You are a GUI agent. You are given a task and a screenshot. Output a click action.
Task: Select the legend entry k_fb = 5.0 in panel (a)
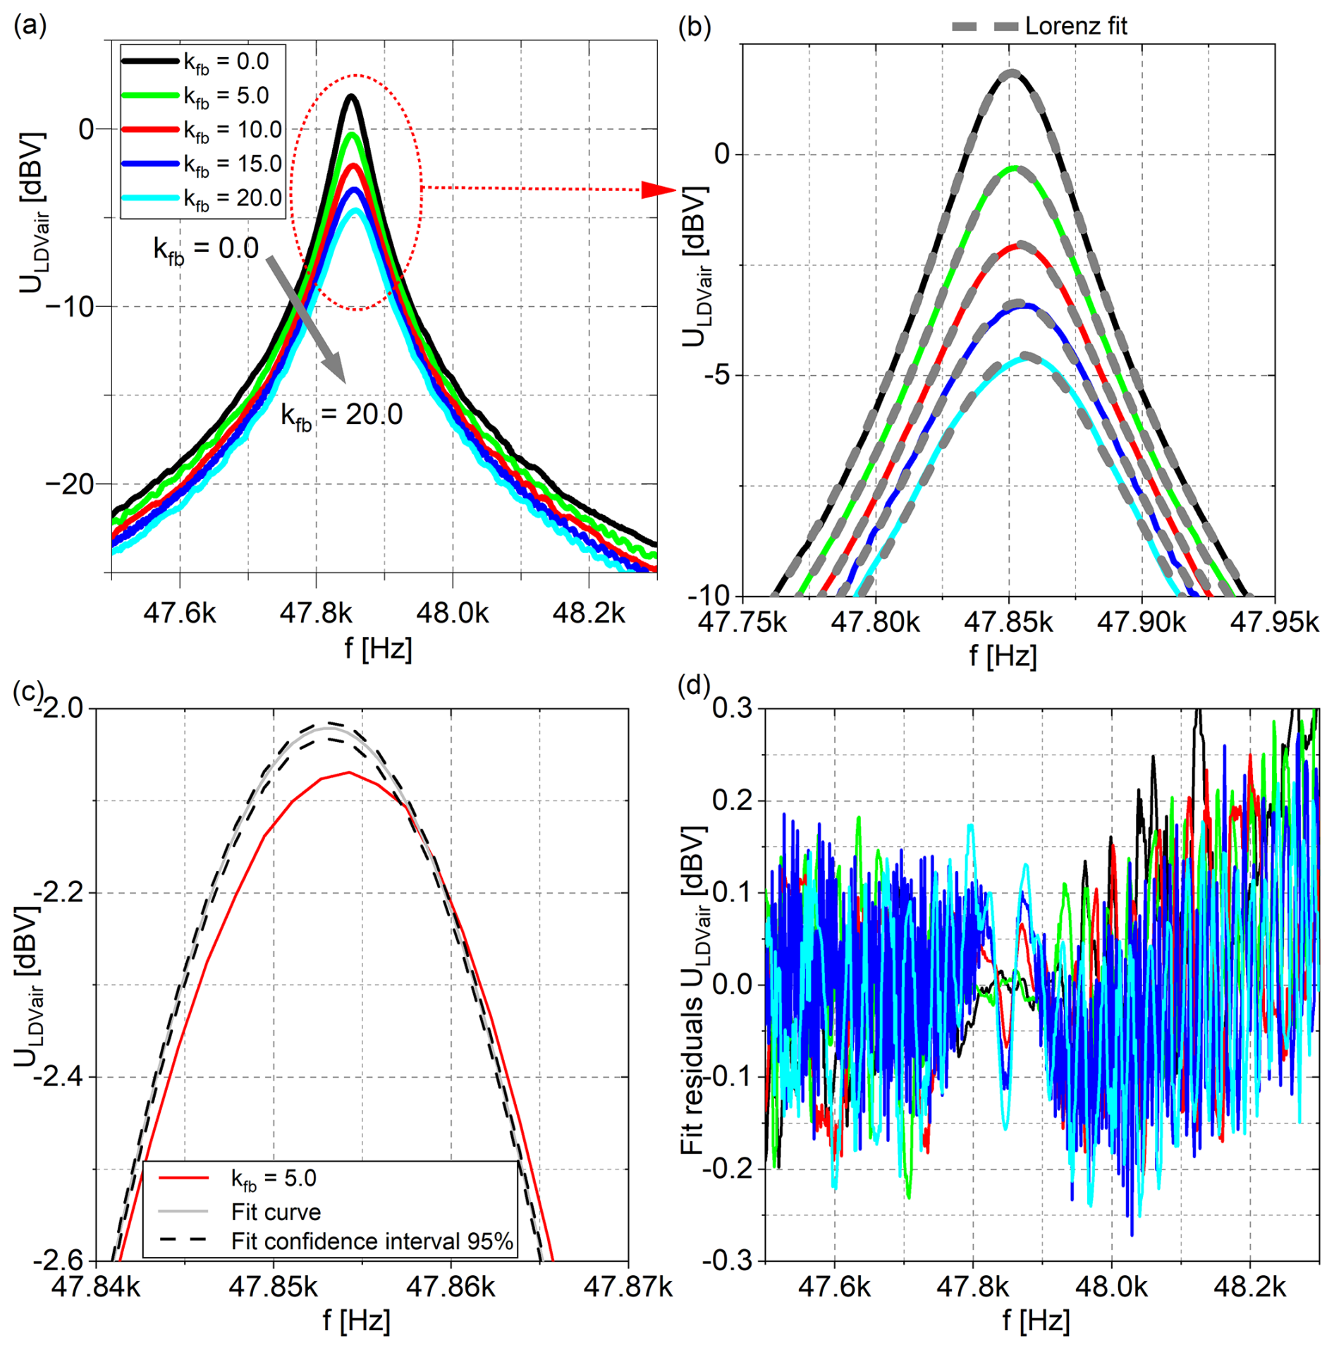pos(226,96)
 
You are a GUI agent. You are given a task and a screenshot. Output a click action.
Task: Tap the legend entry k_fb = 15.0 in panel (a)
pos(232,164)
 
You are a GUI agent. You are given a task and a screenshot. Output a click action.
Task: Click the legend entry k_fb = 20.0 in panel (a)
pos(232,198)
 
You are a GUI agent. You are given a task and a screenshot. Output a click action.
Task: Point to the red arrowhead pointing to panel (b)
pos(657,189)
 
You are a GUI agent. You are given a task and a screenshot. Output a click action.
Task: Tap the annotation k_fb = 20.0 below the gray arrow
pos(342,415)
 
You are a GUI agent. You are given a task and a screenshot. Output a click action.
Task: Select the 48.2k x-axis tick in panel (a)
pos(588,614)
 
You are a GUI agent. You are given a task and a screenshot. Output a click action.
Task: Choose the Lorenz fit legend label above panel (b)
pos(1075,26)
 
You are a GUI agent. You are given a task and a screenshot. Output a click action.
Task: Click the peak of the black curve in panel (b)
pos(1012,72)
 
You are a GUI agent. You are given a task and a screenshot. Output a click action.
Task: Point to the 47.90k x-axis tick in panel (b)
pos(1142,622)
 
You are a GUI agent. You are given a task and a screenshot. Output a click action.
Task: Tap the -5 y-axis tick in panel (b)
pos(718,375)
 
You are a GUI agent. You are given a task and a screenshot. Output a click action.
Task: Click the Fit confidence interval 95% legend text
pos(372,1241)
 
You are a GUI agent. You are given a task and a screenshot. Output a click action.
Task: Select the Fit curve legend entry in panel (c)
pos(276,1212)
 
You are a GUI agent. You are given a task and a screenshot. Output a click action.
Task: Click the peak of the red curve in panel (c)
pos(348,772)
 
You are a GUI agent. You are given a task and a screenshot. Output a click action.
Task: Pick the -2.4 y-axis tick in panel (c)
pos(61,1077)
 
